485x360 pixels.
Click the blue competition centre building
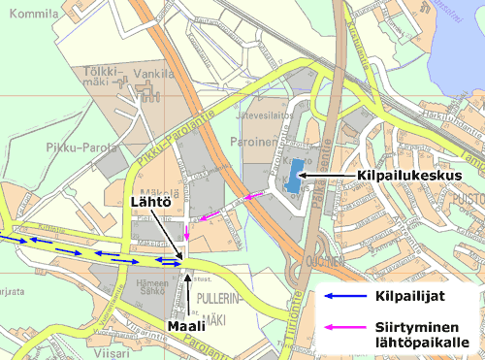(293, 174)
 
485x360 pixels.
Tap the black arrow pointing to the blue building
(330, 175)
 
